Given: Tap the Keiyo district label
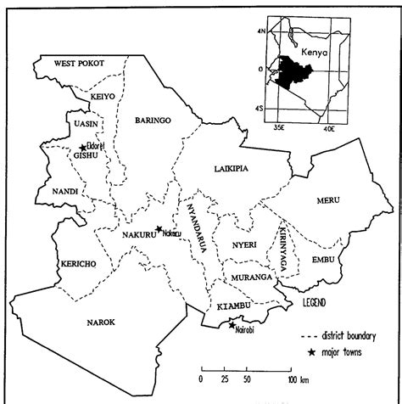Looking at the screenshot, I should coord(103,97).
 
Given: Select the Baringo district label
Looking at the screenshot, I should coord(154,121).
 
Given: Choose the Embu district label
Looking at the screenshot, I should coord(323,258).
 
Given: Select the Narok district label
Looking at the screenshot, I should coord(101,322).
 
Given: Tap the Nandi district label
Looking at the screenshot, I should coord(64,192).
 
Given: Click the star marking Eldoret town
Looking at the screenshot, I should coord(83,147).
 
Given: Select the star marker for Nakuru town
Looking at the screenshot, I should coord(159,229).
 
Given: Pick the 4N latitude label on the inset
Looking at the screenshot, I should coord(262,31).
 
